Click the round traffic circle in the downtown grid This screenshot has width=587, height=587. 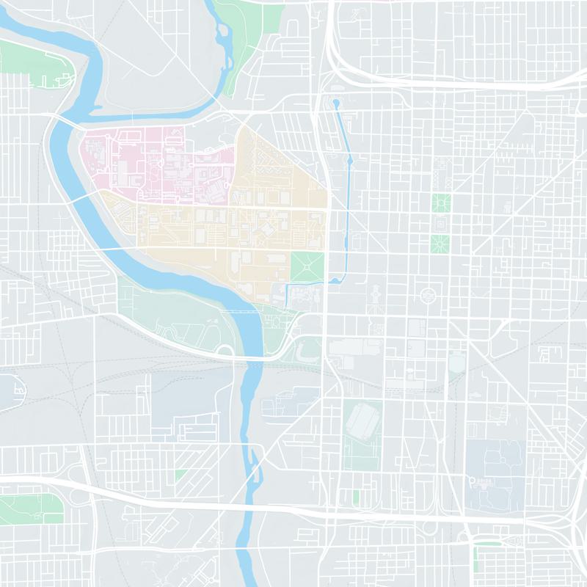point(426,296)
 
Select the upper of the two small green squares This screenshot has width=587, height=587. point(441,202)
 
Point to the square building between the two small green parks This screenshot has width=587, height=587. point(441,222)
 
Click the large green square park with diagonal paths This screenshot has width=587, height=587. point(307,266)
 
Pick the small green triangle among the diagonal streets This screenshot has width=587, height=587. point(181,475)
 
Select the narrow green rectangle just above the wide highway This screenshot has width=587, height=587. point(356,497)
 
